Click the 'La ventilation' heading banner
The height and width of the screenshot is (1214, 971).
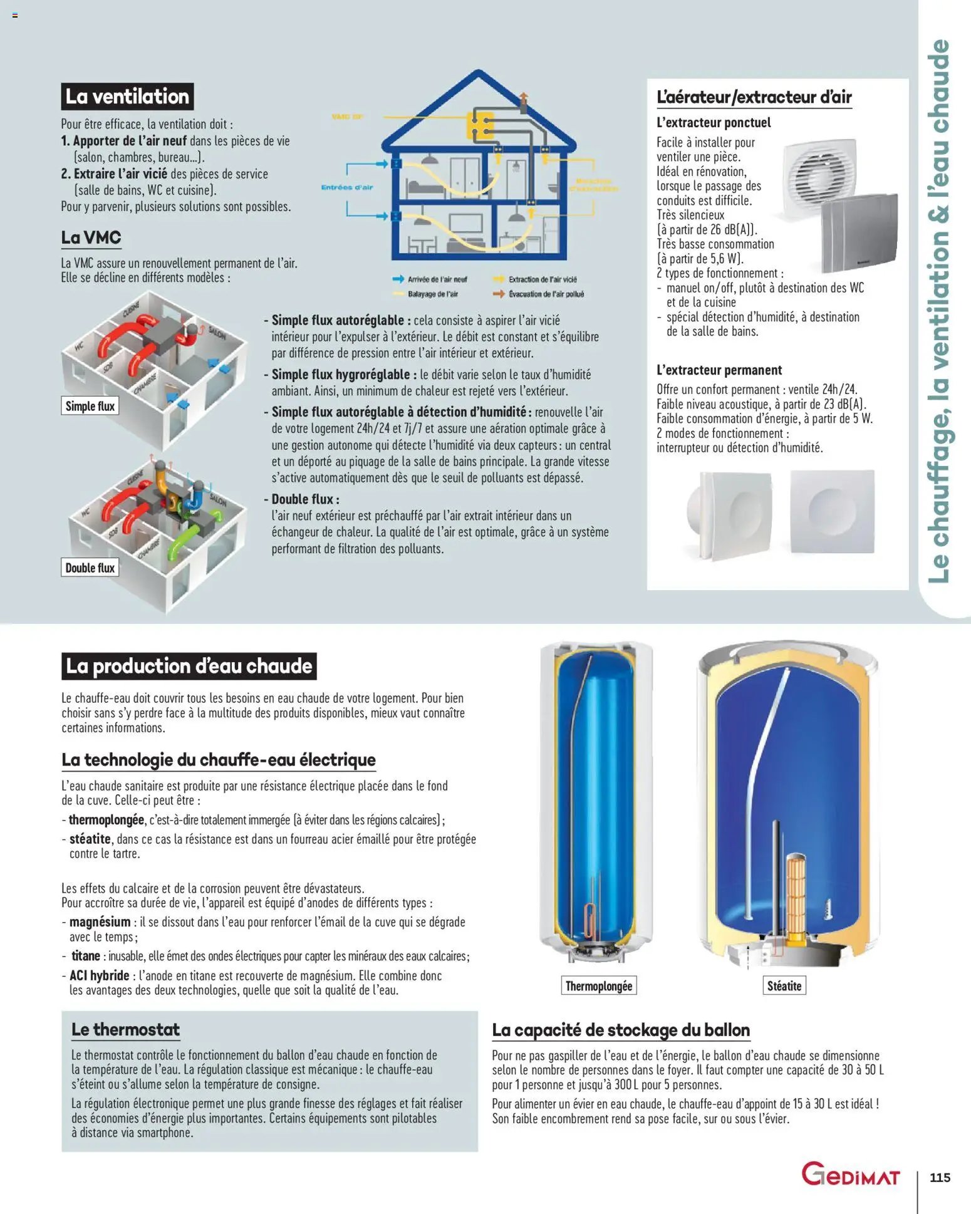point(127,96)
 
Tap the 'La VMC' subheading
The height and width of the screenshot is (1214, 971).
point(91,238)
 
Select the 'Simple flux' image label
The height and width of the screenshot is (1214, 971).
point(90,406)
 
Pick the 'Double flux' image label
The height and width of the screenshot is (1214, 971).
point(90,568)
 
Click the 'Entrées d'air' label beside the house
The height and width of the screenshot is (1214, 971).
point(346,187)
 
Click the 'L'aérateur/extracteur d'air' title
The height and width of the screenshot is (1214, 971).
point(754,98)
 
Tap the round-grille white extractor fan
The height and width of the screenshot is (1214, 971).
point(819,175)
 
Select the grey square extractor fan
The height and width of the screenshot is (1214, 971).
point(859,232)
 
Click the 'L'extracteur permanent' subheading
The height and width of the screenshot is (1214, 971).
point(719,370)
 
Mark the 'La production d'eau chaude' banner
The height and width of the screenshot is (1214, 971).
point(189,666)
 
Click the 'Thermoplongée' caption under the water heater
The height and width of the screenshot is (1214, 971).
point(599,986)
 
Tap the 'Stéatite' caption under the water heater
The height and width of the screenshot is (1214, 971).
point(784,986)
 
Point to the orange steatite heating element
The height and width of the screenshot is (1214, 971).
point(796,896)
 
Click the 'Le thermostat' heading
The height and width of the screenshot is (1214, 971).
point(125,1030)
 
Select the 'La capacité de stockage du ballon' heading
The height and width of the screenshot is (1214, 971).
point(621,1030)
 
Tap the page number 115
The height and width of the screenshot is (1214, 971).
point(940,1177)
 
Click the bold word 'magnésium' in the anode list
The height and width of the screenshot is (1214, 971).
point(100,922)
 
